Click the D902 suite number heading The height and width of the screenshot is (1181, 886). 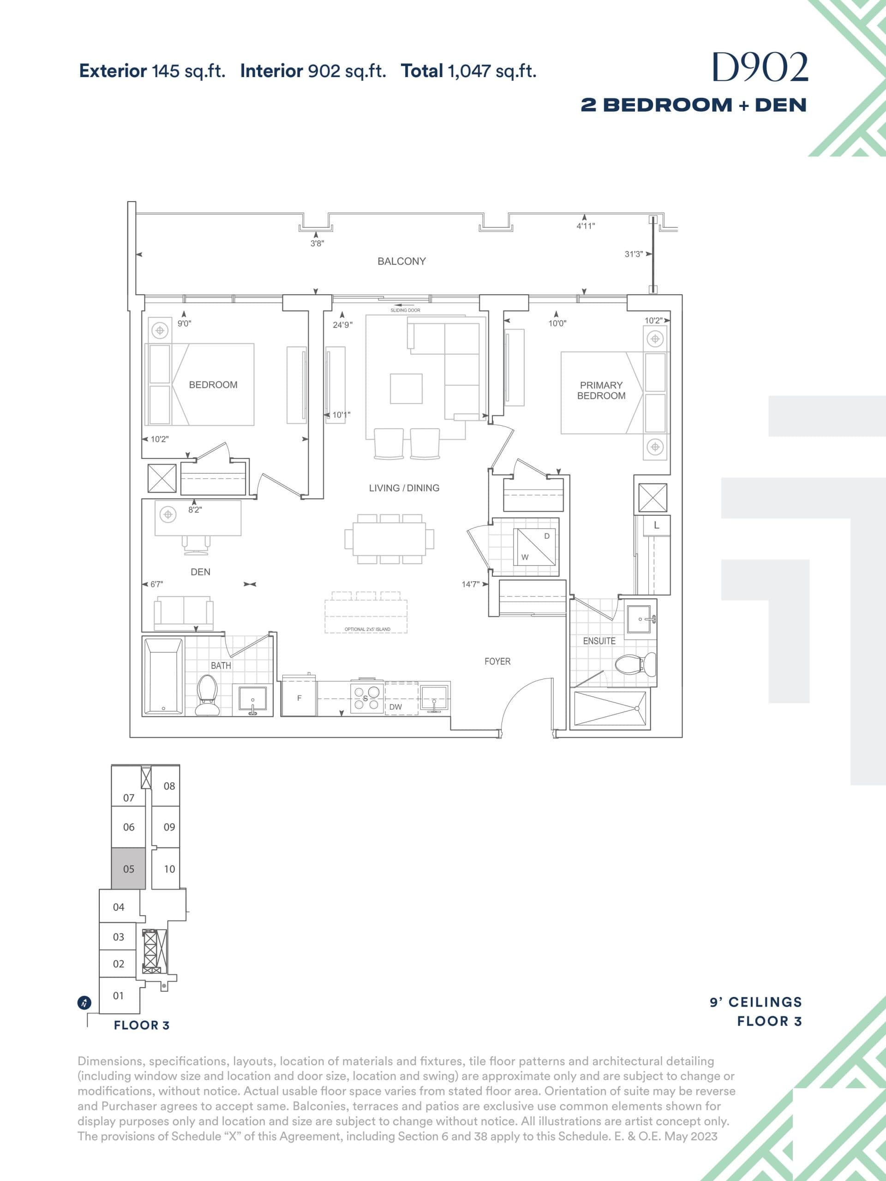tap(760, 68)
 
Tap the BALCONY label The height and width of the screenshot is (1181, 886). tap(401, 261)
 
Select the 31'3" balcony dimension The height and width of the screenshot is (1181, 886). tap(634, 254)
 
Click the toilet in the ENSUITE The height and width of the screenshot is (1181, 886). tap(635, 665)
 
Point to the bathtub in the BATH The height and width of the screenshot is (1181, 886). tap(163, 676)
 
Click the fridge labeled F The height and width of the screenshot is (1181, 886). tap(299, 698)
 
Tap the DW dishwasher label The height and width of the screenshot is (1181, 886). tap(395, 707)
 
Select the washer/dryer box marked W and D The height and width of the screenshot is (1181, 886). tap(534, 546)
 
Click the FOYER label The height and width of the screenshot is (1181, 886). tap(497, 661)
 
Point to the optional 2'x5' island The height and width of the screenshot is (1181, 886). tap(366, 616)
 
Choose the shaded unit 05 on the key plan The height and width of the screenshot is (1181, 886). tap(129, 869)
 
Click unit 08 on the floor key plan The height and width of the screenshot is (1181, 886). tap(169, 786)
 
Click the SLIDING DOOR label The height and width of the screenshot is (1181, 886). tap(405, 310)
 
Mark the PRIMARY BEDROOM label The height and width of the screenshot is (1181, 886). tap(601, 390)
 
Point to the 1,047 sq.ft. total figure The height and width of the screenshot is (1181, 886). tap(491, 71)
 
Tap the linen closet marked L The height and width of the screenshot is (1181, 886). tap(656, 525)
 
